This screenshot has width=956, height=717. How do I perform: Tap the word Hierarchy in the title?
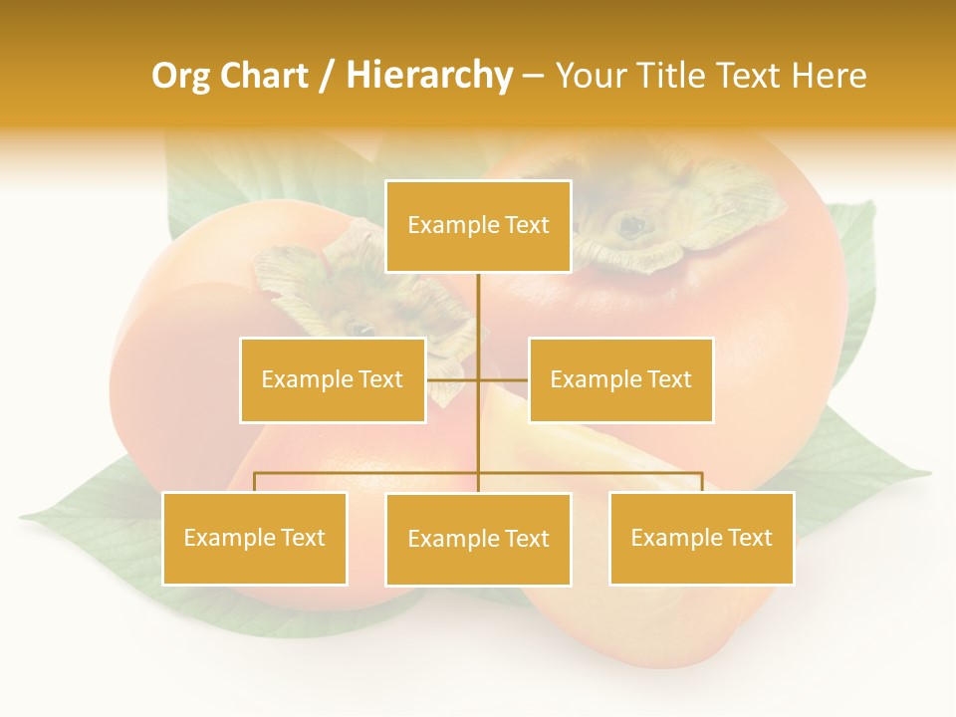(x=428, y=76)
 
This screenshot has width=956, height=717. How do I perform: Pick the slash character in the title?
(x=328, y=76)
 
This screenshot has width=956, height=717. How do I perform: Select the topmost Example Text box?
(x=478, y=226)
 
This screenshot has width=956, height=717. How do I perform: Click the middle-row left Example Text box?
(x=333, y=379)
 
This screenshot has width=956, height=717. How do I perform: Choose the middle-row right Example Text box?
(x=620, y=379)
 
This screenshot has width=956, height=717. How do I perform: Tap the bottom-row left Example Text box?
(x=254, y=538)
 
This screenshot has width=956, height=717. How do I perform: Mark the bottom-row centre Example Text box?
(x=478, y=539)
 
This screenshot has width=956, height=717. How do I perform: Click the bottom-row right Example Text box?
(x=701, y=538)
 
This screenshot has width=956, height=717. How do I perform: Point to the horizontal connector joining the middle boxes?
(x=503, y=379)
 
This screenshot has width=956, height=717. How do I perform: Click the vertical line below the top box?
(x=478, y=309)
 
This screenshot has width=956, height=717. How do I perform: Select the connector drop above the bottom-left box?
(x=254, y=482)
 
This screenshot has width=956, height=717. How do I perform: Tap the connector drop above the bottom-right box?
(x=702, y=482)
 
